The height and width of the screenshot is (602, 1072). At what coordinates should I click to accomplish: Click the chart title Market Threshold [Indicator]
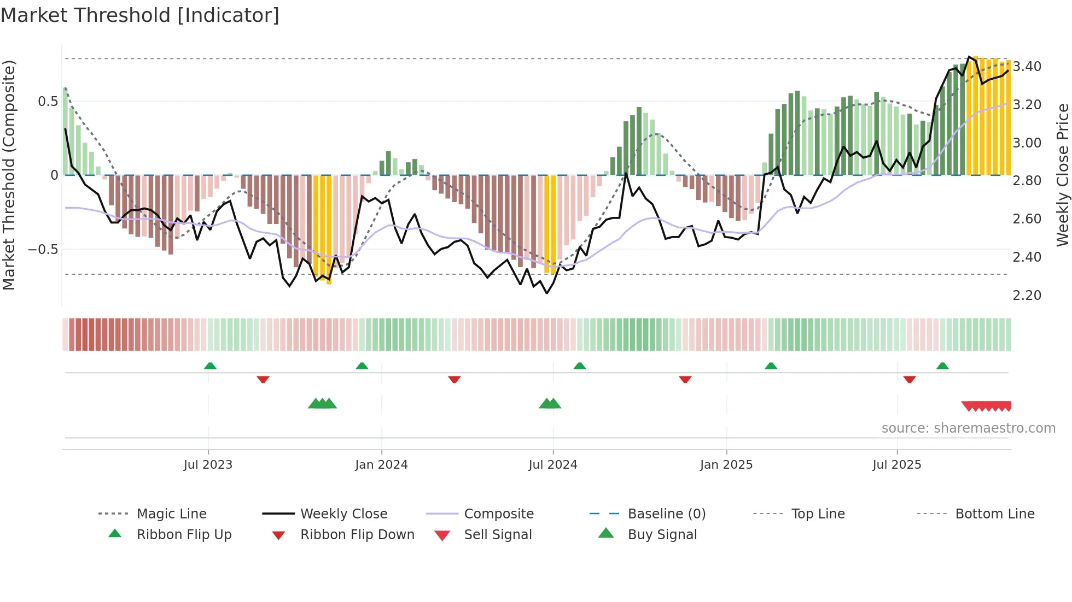(140, 15)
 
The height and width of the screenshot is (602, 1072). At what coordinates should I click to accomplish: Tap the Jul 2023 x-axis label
(208, 465)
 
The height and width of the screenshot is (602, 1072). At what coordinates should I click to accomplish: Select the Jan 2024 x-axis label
(381, 465)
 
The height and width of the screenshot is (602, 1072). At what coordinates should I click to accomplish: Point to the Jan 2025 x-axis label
(726, 465)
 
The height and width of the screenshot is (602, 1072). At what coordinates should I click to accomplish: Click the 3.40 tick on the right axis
(1027, 67)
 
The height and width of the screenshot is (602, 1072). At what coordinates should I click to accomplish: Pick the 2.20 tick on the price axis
(1027, 296)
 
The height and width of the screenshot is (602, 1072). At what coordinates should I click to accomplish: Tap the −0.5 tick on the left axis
(43, 250)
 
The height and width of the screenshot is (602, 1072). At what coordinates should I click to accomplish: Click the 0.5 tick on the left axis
(48, 102)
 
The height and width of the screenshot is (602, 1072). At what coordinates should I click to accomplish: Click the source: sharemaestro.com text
(968, 428)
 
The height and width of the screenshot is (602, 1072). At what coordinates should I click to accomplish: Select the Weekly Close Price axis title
(1062, 175)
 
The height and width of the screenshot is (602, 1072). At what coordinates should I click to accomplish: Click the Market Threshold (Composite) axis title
(9, 175)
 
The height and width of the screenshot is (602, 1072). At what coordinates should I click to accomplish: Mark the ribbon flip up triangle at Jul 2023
(210, 366)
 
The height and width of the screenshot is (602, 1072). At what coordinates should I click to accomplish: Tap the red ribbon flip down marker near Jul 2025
(910, 379)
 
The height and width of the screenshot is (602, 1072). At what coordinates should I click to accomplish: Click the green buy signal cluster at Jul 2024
(550, 404)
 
